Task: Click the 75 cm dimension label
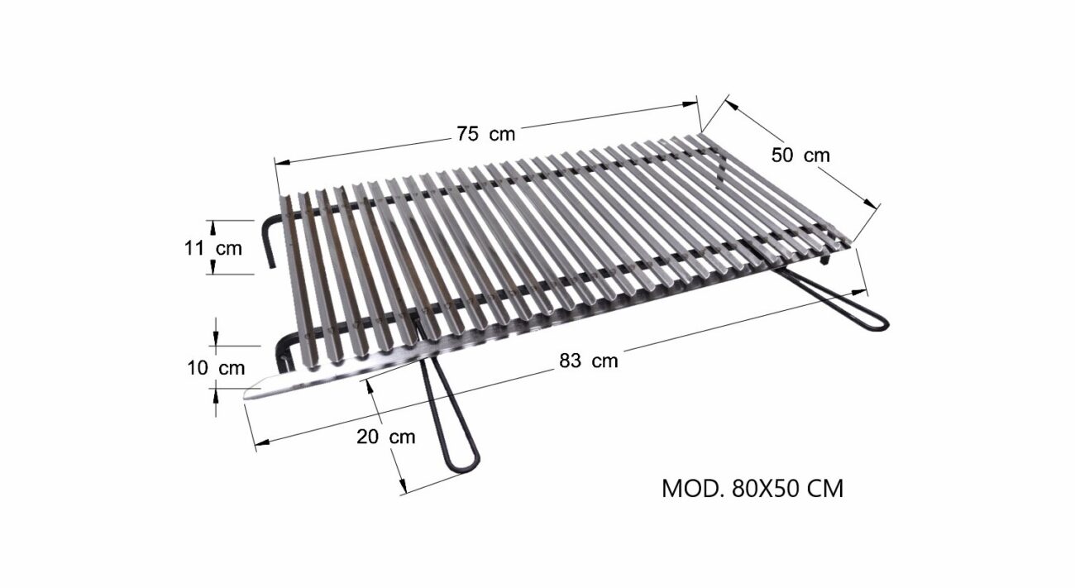485,134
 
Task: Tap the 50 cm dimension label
800,155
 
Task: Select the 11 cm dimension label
213,249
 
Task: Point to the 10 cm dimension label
216,368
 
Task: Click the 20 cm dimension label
386,437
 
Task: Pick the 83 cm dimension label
589,361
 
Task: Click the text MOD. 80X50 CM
752,489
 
